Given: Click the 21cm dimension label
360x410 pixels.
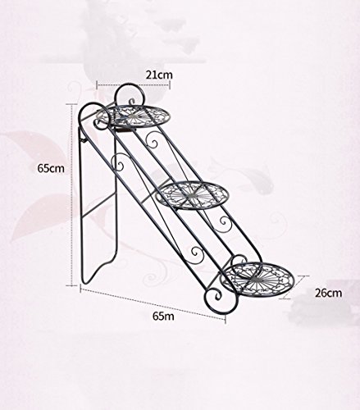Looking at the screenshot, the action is (x=159, y=75).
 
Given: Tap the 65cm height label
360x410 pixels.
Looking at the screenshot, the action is (x=51, y=168).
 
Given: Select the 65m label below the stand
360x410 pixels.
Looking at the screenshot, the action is (x=163, y=316).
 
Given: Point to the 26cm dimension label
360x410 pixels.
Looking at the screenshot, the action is (x=328, y=293).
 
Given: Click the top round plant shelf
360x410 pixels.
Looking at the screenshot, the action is (x=133, y=116).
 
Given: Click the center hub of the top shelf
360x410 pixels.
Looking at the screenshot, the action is (x=133, y=117).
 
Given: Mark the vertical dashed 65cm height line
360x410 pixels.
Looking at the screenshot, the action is (x=72, y=194).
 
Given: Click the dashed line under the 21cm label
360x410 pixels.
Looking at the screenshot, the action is (x=134, y=84).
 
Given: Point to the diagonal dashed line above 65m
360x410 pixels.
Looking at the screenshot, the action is (x=153, y=302).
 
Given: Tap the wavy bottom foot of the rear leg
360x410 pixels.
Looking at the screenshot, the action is (x=100, y=268).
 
